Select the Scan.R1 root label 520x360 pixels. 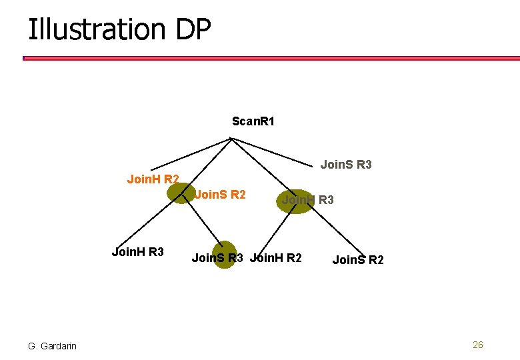point(253,121)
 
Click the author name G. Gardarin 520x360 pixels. point(52,345)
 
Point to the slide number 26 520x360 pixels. point(477,345)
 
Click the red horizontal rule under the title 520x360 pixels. point(267,58)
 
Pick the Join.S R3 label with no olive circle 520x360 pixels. point(346,164)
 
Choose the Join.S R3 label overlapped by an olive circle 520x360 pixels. point(217,258)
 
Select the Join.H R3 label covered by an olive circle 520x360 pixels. point(307,199)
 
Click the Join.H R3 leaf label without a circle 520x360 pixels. point(137,252)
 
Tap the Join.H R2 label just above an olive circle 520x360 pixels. point(153,179)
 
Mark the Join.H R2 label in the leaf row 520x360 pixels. point(276,258)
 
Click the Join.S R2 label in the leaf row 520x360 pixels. point(358,260)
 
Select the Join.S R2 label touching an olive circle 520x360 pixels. point(220,195)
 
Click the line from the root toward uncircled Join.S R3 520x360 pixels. point(273,149)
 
